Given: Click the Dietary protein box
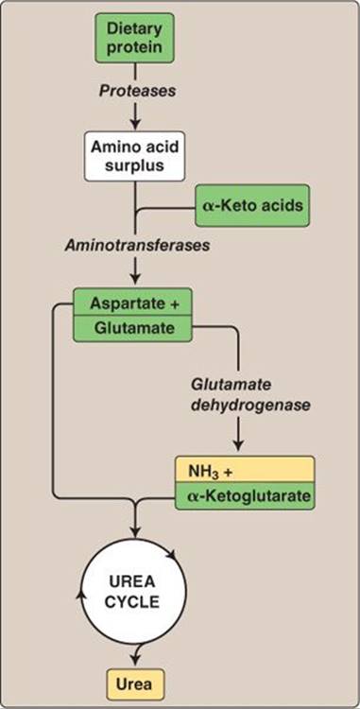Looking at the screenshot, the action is tap(134, 38).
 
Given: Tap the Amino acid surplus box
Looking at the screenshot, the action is tap(134, 156).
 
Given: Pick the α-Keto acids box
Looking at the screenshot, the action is tap(252, 205).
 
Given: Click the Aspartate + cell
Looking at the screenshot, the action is tap(133, 303).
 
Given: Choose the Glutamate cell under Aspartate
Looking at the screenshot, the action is tap(133, 329).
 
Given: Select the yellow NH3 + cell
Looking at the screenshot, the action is tap(245, 470).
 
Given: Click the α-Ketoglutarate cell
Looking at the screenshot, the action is tap(245, 496).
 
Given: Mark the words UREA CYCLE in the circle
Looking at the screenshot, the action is tap(134, 591).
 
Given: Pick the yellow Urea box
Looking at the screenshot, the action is tap(133, 685).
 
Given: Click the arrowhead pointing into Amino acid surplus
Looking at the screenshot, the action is tap(135, 124).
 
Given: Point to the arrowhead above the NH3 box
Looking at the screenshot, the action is tap(239, 446).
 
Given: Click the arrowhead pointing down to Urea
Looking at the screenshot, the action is tap(135, 664).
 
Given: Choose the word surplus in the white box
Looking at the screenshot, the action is tap(134, 165).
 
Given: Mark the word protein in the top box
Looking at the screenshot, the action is tap(134, 48).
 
